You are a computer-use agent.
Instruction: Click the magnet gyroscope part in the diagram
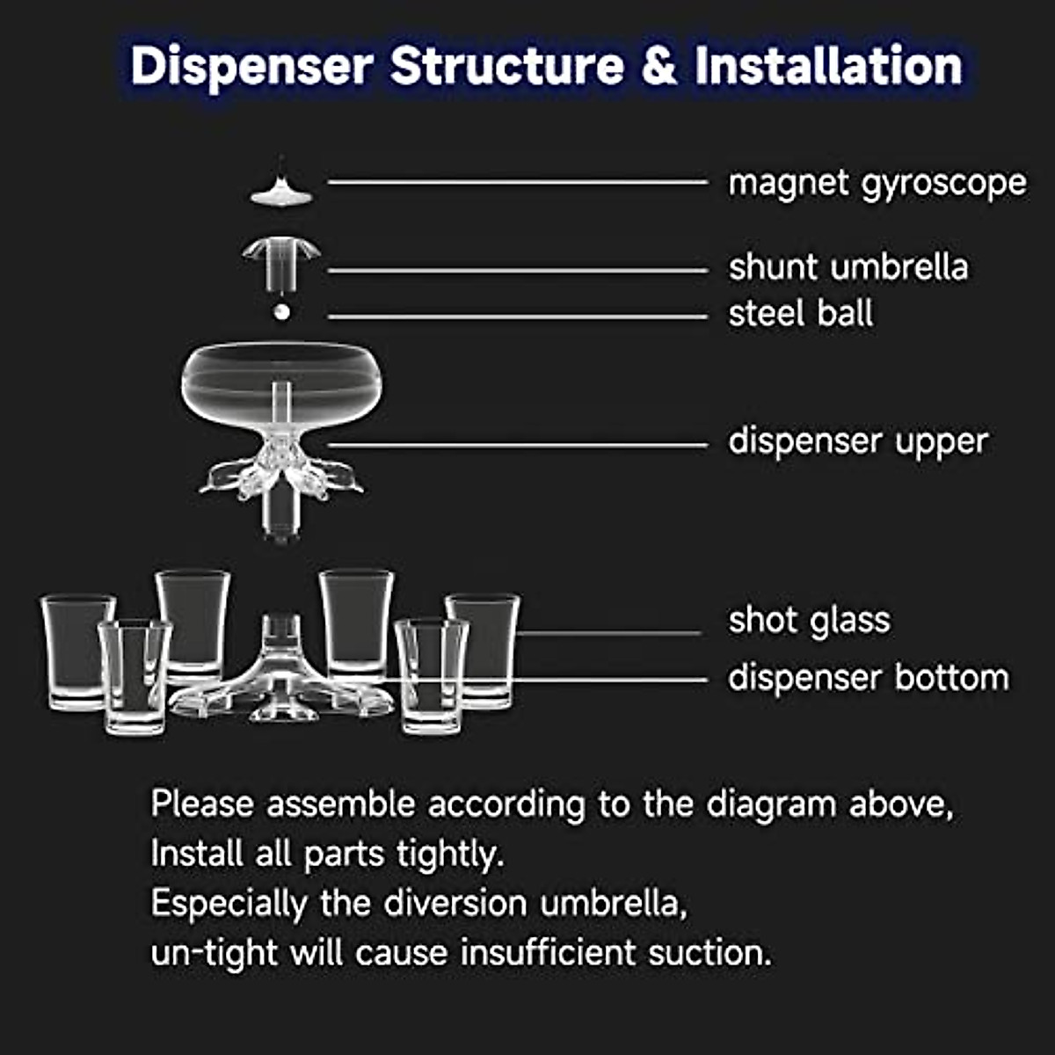click(281, 191)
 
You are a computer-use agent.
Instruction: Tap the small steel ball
click(281, 312)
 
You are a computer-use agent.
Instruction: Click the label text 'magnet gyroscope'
click(877, 184)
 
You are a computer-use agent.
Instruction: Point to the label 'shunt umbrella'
click(848, 267)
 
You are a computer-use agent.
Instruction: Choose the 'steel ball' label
click(800, 314)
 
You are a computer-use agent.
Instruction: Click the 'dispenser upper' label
click(857, 441)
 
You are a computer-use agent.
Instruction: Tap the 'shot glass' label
click(809, 621)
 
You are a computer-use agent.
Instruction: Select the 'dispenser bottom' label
click(868, 678)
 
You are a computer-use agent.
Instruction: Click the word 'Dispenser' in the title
click(251, 67)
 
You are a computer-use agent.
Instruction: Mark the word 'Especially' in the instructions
click(228, 904)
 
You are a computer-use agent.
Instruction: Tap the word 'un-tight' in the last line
click(215, 952)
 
